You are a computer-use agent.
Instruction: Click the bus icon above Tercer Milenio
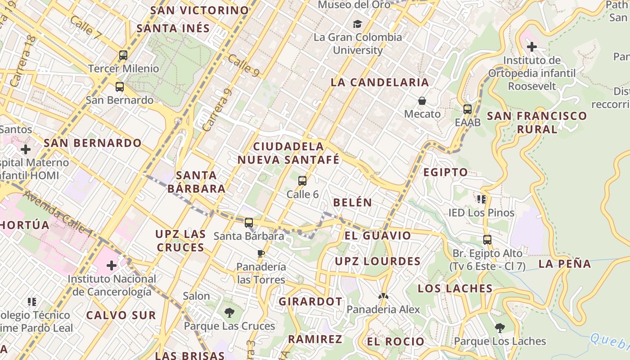(x=123, y=55)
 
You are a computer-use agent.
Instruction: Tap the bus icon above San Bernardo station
(x=119, y=87)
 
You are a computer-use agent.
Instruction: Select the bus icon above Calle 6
(x=302, y=181)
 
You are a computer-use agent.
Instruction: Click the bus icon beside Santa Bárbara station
(x=249, y=223)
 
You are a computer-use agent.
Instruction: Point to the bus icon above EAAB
(x=468, y=109)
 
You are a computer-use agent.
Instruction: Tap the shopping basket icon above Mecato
(x=422, y=101)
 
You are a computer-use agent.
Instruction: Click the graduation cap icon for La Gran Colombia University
(x=357, y=24)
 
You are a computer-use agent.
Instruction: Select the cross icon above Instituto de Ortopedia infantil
(x=532, y=46)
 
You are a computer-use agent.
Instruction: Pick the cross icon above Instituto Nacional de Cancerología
(x=112, y=265)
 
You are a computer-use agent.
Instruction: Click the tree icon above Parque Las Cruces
(x=229, y=312)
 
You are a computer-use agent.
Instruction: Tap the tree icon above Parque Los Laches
(x=499, y=328)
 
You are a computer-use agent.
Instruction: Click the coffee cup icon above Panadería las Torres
(x=261, y=253)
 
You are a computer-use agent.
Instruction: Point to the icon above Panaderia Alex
(x=383, y=296)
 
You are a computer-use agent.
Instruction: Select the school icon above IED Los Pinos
(x=481, y=199)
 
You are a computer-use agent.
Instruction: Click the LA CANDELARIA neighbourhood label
(x=380, y=82)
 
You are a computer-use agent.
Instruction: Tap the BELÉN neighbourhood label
(x=352, y=202)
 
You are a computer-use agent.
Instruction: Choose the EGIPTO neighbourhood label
(x=445, y=172)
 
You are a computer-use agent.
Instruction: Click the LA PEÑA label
(x=565, y=264)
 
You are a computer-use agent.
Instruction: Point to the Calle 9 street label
(x=243, y=65)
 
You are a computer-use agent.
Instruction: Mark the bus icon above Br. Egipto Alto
(x=487, y=239)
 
